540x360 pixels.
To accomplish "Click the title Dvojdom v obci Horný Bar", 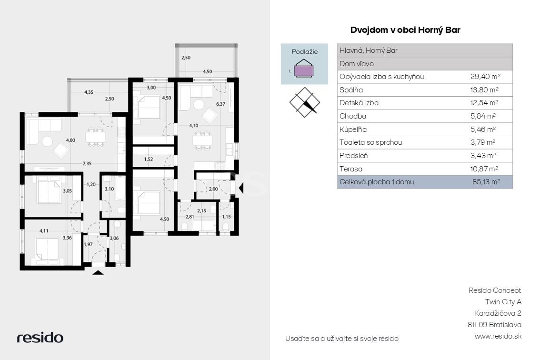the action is (x=405, y=30).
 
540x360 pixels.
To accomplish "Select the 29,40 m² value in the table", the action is (x=485, y=77).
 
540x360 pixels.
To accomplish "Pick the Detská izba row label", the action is (x=359, y=103).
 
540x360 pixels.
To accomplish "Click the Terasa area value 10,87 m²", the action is (x=484, y=169).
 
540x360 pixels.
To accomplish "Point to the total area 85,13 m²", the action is (x=486, y=182).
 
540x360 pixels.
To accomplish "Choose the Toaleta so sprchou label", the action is (x=370, y=142).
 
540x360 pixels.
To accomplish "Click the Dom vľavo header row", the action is (x=425, y=64).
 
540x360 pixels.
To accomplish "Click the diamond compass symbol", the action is (x=304, y=102).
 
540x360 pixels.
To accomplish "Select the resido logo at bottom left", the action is (x=40, y=338).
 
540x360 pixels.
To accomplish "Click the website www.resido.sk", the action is (x=498, y=336).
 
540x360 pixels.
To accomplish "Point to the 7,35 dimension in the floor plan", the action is (x=87, y=164).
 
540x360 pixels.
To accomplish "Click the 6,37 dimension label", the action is (x=220, y=104).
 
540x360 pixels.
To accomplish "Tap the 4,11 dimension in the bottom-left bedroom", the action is (x=44, y=231).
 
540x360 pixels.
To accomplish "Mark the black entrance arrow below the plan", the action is (x=98, y=272).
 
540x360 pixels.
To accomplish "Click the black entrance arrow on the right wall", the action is (x=241, y=188).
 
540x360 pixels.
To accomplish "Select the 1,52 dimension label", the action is (x=149, y=159).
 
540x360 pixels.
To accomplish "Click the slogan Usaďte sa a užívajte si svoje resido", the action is (x=341, y=339).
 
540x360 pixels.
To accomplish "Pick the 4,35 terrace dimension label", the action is (x=89, y=92).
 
